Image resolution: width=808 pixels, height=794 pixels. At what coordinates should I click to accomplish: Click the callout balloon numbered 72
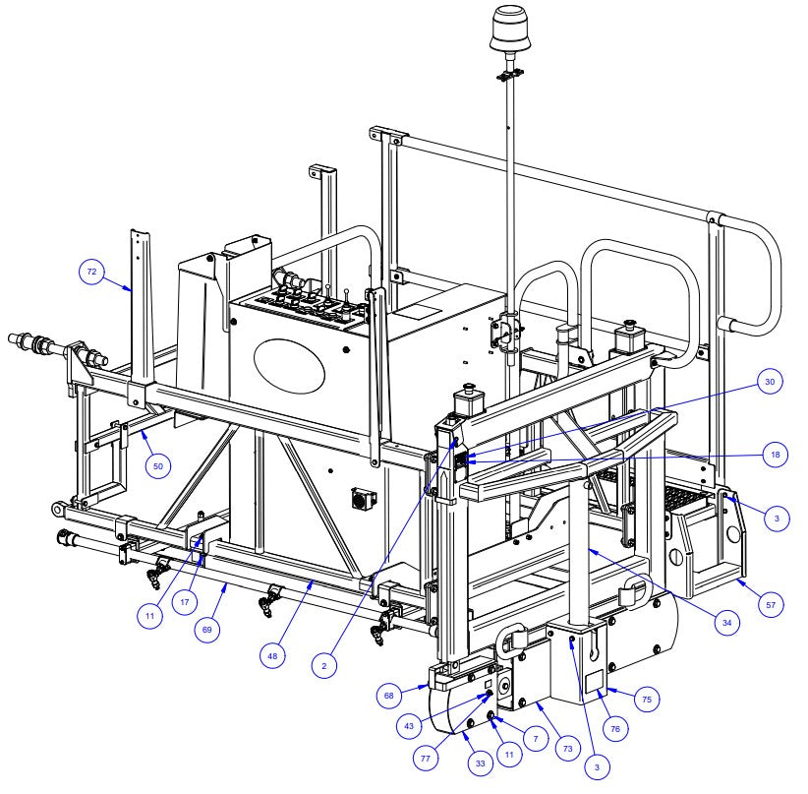pyautogui.click(x=93, y=273)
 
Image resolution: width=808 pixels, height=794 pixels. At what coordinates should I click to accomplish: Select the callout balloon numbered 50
pyautogui.click(x=158, y=465)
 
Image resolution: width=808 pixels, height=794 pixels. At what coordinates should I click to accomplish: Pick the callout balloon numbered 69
pyautogui.click(x=206, y=630)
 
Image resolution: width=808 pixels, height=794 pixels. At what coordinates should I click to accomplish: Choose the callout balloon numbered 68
pyautogui.click(x=389, y=696)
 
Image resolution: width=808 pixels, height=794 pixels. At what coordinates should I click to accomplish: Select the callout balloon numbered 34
pyautogui.click(x=725, y=621)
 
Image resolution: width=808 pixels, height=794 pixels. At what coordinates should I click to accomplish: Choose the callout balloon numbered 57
pyautogui.click(x=774, y=605)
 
